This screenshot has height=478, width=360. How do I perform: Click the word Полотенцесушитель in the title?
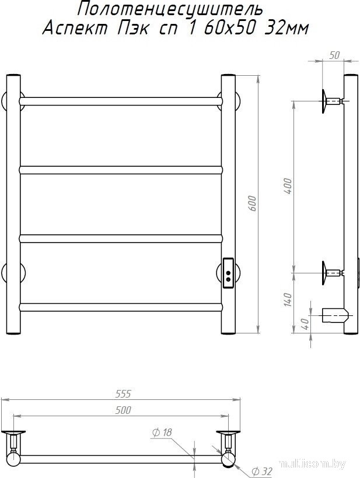(170, 10)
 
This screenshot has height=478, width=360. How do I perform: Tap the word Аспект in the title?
(75, 29)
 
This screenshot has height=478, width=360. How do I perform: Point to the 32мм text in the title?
(286, 29)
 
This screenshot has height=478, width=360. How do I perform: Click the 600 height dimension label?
(253, 204)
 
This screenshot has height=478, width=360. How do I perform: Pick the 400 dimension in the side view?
(288, 187)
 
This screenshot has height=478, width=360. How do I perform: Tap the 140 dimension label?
(288, 300)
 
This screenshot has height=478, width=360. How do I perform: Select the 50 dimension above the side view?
(334, 55)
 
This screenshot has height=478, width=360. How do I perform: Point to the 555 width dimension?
(123, 394)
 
